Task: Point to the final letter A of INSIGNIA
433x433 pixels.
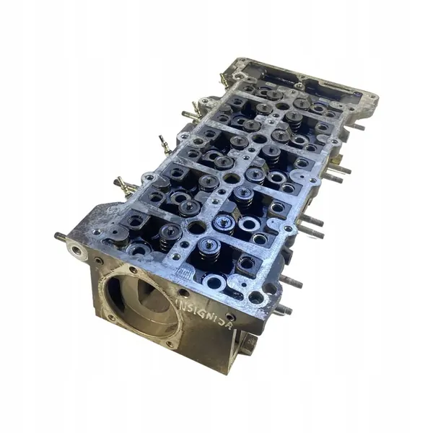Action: (x=229, y=325)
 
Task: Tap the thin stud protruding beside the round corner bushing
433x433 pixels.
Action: (x=60, y=236)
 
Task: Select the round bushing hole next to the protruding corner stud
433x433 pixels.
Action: (x=76, y=250)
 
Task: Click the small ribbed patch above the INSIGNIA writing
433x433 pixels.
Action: (x=185, y=273)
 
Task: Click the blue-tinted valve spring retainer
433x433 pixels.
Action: (x=223, y=222)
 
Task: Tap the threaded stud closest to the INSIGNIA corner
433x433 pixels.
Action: (x=283, y=310)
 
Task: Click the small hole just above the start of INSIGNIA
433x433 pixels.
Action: (x=184, y=292)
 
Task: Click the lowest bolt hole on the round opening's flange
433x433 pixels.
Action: (x=169, y=344)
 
